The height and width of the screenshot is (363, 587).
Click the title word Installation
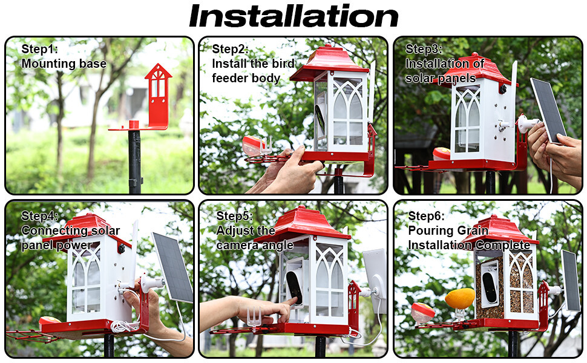(294, 16)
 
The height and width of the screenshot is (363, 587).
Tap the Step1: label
(40, 49)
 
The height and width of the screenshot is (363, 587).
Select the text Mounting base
(64, 64)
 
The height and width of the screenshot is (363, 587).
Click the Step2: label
(230, 49)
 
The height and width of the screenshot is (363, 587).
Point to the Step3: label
(424, 49)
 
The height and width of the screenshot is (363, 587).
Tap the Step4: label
(40, 216)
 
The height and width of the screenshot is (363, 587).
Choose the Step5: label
(235, 216)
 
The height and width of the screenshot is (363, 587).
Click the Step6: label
(427, 216)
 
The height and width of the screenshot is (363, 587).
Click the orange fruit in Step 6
(460, 298)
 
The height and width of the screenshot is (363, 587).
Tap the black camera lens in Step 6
(490, 286)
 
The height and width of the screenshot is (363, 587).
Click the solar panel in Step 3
(548, 110)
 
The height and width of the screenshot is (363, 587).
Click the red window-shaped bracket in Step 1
(159, 96)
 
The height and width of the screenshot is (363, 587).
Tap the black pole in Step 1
(134, 162)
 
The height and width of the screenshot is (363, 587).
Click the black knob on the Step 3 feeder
(502, 90)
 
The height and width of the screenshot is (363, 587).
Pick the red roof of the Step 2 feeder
(329, 63)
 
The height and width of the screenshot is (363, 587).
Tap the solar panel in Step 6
(571, 280)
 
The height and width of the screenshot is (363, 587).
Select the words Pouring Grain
(448, 231)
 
